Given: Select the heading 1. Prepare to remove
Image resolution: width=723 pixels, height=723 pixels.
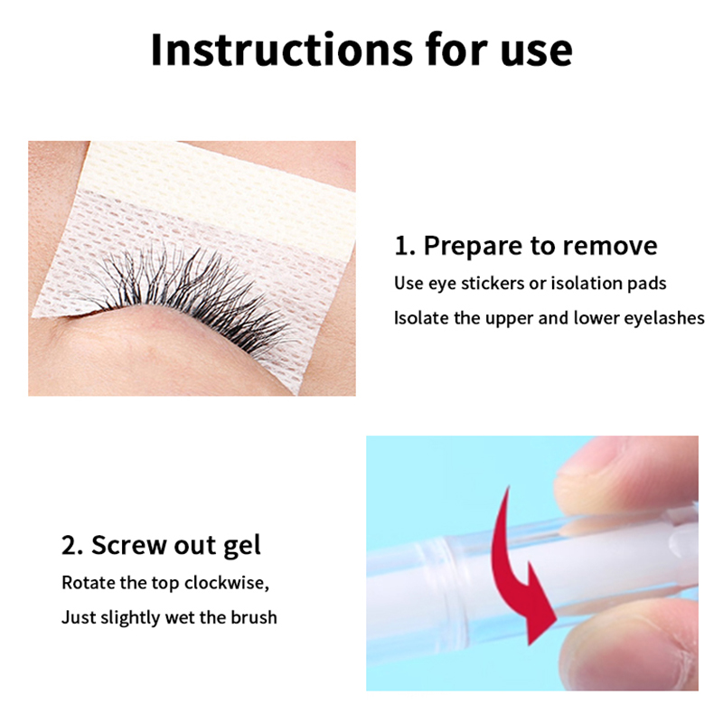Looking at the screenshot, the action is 526,245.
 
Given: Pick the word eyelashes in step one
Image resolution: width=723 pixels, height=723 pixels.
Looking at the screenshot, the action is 664,318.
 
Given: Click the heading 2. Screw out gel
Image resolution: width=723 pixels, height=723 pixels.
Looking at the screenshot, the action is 161,547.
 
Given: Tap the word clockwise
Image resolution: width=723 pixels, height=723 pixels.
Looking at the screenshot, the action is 226,583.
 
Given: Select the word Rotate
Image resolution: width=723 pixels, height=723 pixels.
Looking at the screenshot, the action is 89,583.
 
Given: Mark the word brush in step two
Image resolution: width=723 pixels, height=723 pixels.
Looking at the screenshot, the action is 254,617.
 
